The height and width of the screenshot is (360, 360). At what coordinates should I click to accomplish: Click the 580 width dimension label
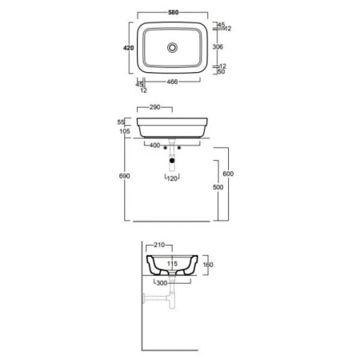pyautogui.click(x=174, y=12)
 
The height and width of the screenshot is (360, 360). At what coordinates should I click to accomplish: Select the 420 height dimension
pyautogui.click(x=128, y=48)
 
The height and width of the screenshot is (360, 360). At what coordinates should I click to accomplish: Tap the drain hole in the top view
pyautogui.click(x=172, y=48)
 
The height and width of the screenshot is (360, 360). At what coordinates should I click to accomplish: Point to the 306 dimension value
pyautogui.click(x=218, y=46)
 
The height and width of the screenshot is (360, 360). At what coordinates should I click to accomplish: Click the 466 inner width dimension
pyautogui.click(x=172, y=82)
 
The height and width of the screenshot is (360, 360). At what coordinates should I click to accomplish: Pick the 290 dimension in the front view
pyautogui.click(x=154, y=107)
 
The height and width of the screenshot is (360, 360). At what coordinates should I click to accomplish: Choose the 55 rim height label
pyautogui.click(x=121, y=122)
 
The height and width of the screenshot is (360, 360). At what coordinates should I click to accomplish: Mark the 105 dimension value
pyautogui.click(x=125, y=131)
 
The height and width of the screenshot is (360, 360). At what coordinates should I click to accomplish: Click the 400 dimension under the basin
pyautogui.click(x=154, y=146)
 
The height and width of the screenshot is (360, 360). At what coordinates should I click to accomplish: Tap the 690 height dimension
pyautogui.click(x=124, y=176)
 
